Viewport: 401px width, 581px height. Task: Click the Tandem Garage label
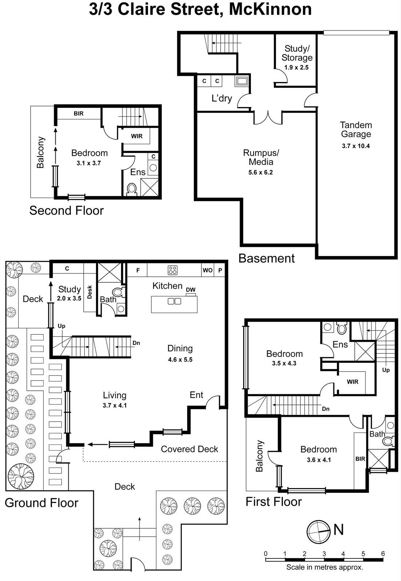356,130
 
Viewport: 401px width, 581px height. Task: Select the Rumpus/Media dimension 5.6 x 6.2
260,172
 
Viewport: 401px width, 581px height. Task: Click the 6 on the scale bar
383,554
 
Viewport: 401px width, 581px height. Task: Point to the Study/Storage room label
297,53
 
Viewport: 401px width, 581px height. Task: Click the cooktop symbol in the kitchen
173,270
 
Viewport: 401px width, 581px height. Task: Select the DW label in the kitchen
191,290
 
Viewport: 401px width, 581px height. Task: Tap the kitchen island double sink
174,301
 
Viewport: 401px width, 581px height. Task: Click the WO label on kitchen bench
208,270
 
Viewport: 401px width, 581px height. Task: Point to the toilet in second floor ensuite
132,189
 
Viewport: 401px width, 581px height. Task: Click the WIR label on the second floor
137,136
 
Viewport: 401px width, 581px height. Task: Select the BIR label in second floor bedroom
79,114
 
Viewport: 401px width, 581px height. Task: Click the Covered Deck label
189,449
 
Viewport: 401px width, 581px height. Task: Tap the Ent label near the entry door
196,395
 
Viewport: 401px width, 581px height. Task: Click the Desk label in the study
90,292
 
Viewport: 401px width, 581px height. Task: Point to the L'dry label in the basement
222,98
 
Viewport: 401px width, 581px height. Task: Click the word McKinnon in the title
270,9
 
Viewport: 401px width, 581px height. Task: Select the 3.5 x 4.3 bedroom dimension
284,363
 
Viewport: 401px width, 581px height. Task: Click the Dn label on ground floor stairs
136,343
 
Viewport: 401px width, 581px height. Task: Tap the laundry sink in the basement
242,81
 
